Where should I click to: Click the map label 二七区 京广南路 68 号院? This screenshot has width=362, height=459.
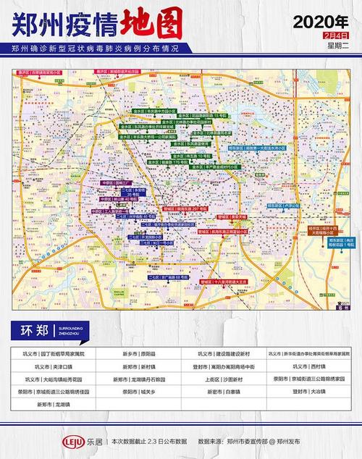click(x=169, y=277)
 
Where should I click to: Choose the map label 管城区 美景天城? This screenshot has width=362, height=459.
click(x=232, y=216)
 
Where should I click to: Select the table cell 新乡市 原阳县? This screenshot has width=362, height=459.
click(x=138, y=354)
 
